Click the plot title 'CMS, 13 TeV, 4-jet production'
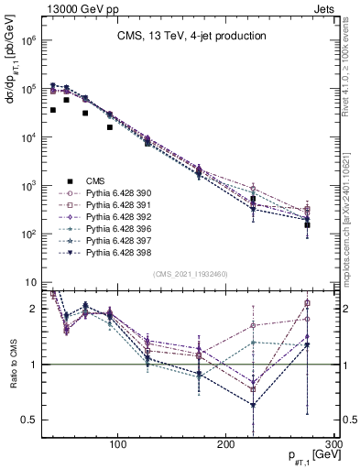point(190,36)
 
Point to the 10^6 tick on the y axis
point(28,41)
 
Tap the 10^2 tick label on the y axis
point(28,234)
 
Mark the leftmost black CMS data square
point(53,110)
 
